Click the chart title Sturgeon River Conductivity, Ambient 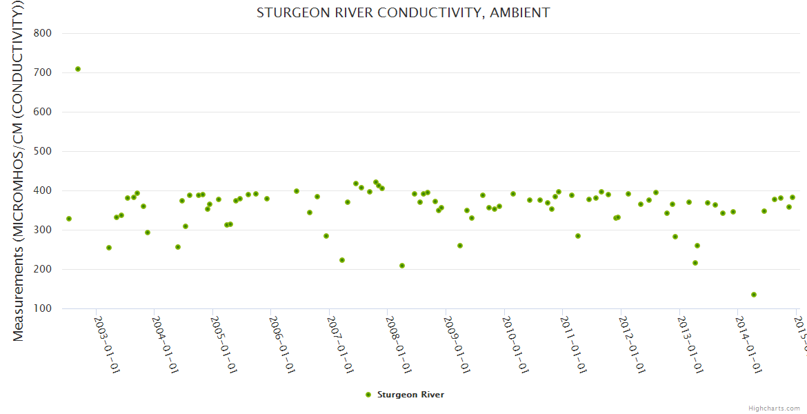click(403, 12)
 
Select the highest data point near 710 click(78, 69)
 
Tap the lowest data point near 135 click(754, 295)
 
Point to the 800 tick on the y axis click(52, 33)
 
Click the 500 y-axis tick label click(52, 151)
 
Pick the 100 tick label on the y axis click(52, 308)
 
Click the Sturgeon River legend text click(410, 395)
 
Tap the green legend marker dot click(368, 395)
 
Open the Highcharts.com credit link click(774, 408)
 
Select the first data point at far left click(69, 219)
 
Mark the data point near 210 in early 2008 click(402, 266)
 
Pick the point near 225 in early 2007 click(342, 260)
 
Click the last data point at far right click(793, 197)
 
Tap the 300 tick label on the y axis click(52, 230)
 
